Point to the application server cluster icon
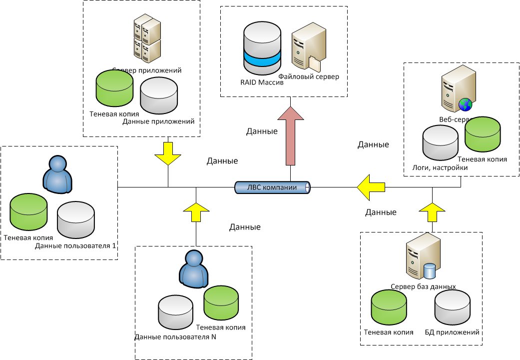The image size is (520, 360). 147,40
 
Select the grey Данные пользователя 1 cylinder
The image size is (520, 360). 76,220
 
